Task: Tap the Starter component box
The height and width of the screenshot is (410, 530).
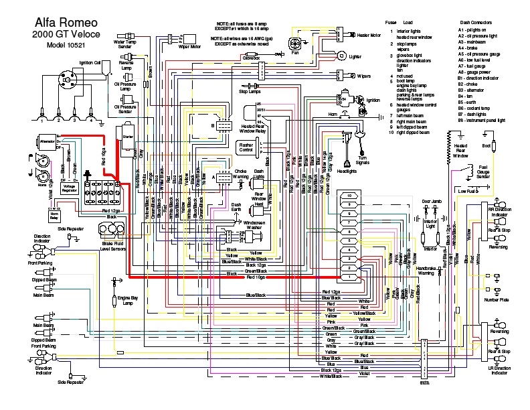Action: tap(129, 141)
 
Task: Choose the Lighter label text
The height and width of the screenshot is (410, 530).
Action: tap(355, 56)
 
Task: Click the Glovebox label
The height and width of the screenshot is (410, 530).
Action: tap(250, 59)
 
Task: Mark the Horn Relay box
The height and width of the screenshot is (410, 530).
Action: tap(54, 215)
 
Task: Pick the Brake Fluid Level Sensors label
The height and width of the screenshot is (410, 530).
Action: tap(113, 246)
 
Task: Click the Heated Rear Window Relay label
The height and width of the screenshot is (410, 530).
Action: tap(253, 129)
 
